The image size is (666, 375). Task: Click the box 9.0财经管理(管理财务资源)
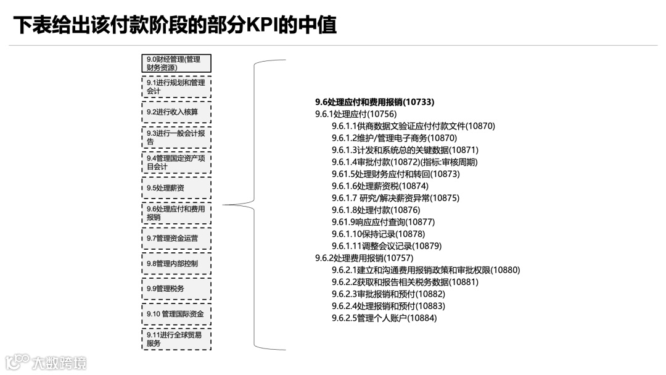(x=176, y=64)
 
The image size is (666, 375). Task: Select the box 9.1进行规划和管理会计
(x=176, y=87)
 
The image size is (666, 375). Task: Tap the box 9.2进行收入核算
(x=176, y=112)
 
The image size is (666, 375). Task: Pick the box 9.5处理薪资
(x=176, y=187)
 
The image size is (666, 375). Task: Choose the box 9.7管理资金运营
(x=176, y=238)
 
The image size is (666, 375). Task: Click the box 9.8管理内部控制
(x=176, y=263)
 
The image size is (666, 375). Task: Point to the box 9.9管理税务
(x=176, y=289)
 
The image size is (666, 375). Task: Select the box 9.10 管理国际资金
(x=176, y=314)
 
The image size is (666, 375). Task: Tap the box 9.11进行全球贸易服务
(x=176, y=339)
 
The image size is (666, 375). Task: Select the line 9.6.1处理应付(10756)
(x=356, y=114)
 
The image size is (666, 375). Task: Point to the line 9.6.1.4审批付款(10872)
(x=404, y=162)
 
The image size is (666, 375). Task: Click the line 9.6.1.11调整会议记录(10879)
(x=386, y=246)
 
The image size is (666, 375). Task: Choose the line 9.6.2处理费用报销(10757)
(x=364, y=258)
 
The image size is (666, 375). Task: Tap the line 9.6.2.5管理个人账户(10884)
(x=384, y=318)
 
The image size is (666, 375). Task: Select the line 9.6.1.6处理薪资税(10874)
(x=380, y=186)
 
